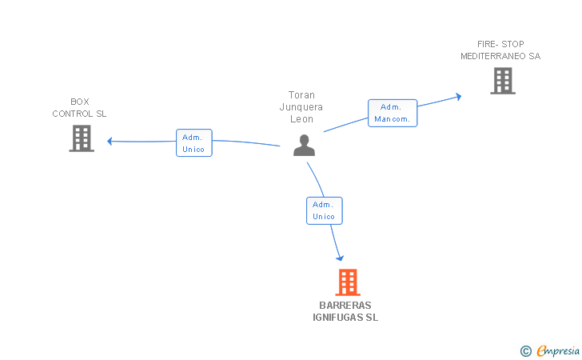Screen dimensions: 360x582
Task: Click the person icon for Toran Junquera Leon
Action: tap(304, 146)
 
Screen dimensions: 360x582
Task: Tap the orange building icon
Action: tap(347, 282)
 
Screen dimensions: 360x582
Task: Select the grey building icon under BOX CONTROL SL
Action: tap(82, 138)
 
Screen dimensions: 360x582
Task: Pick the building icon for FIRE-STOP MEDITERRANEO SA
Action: tap(502, 81)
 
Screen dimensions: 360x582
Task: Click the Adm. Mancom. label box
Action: tap(392, 113)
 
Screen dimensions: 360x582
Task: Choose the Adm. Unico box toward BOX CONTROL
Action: tap(193, 142)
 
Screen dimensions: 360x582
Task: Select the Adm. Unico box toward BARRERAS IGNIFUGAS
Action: tap(324, 210)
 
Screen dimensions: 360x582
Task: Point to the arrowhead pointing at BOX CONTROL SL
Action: tap(110, 142)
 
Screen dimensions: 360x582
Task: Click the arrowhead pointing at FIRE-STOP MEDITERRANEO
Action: tap(458, 96)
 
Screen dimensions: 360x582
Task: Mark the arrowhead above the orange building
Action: tap(341, 257)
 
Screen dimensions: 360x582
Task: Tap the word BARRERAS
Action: tap(345, 306)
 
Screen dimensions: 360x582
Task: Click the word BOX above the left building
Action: tap(80, 102)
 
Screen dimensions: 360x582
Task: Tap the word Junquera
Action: tap(302, 106)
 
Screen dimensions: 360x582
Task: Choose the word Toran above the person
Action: tap(302, 94)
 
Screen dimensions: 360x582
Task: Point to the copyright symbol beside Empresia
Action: tap(526, 350)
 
